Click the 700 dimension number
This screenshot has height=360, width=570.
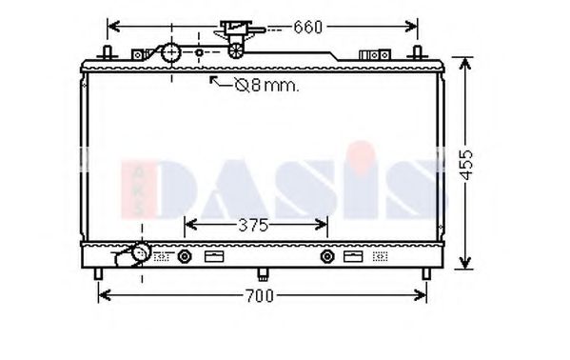[x=259, y=296]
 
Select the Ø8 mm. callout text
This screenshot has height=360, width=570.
[x=266, y=87]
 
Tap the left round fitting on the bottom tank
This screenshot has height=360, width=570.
[x=185, y=256]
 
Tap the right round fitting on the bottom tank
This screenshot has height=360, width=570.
[x=327, y=256]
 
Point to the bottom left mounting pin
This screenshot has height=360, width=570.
[x=99, y=274]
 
